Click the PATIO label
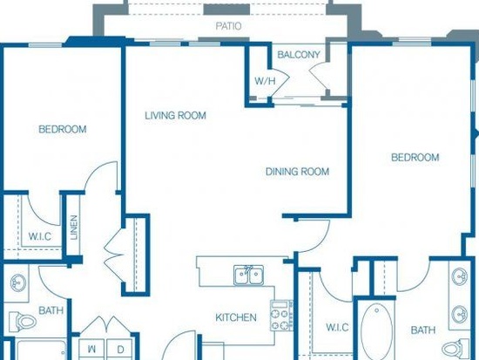[228, 26]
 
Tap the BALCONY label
[299, 55]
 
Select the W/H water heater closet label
[265, 81]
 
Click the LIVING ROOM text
[175, 116]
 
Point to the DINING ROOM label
[297, 172]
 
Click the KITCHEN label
[236, 317]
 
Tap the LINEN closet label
[74, 228]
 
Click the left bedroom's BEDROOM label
[63, 129]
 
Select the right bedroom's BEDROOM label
[415, 158]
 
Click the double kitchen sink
[249, 275]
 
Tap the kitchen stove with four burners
[281, 316]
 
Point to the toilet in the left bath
[23, 322]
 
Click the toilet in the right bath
[455, 348]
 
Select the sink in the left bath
[18, 282]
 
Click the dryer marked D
[120, 350]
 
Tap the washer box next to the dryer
[92, 350]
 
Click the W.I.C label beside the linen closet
[40, 236]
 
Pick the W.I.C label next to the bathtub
[337, 328]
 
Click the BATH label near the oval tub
[423, 330]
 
